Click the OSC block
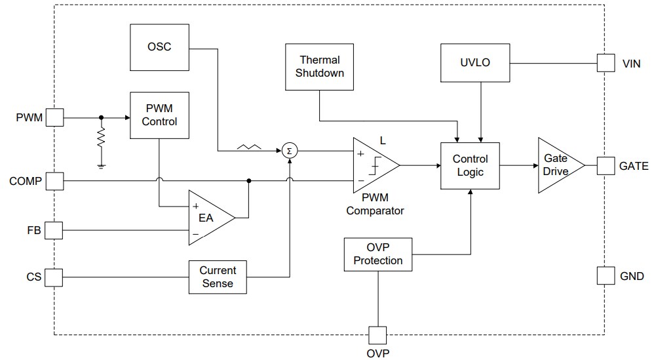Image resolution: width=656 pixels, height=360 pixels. (x=159, y=47)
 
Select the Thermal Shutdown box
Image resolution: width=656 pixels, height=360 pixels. (x=319, y=66)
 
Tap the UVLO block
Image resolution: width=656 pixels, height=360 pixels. (x=475, y=63)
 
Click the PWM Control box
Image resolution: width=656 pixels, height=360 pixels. (x=159, y=115)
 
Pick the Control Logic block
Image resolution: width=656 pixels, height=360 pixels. (x=471, y=165)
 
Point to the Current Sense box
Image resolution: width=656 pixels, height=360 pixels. (x=218, y=277)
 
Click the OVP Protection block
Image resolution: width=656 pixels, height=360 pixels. (x=378, y=254)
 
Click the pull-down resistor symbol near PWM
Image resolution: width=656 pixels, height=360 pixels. (x=101, y=139)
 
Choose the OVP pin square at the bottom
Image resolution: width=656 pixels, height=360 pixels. (x=378, y=335)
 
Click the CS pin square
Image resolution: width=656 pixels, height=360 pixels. (x=54, y=277)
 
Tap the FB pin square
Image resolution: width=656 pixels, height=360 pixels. (x=54, y=230)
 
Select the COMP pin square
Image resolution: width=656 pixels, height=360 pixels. (x=54, y=180)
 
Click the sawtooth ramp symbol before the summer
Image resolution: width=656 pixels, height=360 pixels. (x=248, y=149)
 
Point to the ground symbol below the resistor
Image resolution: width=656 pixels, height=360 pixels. (x=101, y=166)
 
